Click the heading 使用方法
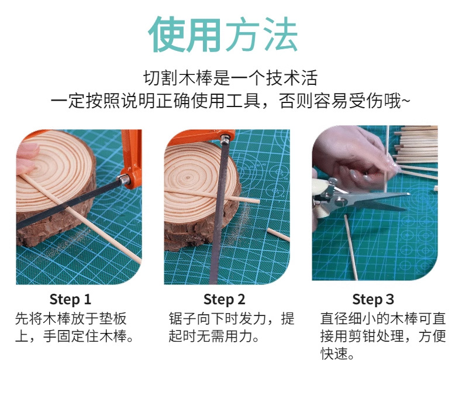[223, 34]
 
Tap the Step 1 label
[70, 300]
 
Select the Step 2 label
[224, 300]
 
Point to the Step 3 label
[373, 300]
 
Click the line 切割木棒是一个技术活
[230, 78]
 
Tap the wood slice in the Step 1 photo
[56, 188]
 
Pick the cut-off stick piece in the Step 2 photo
[278, 234]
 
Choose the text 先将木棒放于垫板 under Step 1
[71, 319]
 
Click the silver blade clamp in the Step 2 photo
[225, 139]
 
